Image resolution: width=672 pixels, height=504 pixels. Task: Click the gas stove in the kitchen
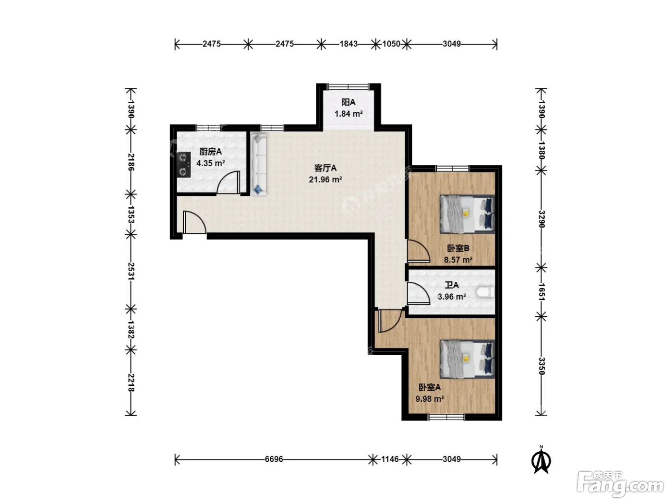[x=184, y=165]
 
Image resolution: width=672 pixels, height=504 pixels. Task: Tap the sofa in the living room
[x=258, y=165]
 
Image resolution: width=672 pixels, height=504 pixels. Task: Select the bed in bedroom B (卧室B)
[x=467, y=214]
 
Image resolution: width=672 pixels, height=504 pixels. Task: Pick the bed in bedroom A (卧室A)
[x=467, y=359]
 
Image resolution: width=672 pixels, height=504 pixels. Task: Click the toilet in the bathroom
[x=486, y=292]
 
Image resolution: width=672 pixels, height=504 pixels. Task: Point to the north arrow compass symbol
[x=541, y=460]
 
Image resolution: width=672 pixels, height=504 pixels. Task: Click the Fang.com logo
[x=620, y=484]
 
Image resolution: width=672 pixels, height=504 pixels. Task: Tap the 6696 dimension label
[x=274, y=459]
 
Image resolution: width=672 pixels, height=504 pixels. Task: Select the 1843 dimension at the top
[x=348, y=44]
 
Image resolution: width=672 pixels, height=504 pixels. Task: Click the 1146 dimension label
[x=390, y=459]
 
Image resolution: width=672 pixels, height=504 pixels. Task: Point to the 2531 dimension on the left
[x=131, y=271]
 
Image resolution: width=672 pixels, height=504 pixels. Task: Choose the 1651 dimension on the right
[x=541, y=292]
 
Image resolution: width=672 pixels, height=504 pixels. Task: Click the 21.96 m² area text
[x=325, y=180]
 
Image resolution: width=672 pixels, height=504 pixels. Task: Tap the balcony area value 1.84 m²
[x=348, y=114]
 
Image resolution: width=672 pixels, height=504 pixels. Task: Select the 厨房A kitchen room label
[x=210, y=152]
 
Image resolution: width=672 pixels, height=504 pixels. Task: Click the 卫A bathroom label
[x=452, y=285]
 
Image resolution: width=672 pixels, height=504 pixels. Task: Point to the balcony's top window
[x=348, y=86]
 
